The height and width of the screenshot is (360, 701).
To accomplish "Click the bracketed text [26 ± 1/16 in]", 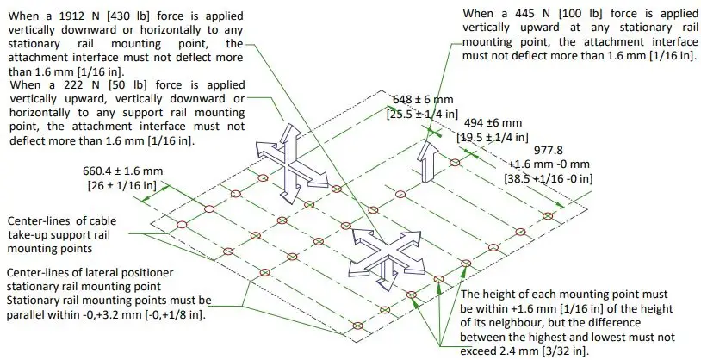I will [126, 184].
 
